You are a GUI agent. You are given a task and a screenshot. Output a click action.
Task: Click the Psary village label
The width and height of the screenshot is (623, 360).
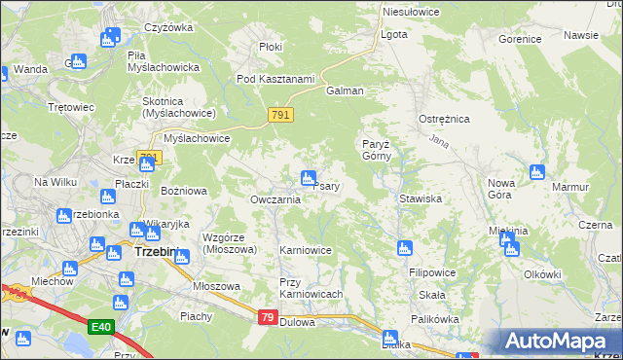pyautogui.click(x=326, y=186)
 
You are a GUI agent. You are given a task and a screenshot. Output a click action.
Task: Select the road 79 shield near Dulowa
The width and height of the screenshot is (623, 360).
pyautogui.click(x=269, y=317)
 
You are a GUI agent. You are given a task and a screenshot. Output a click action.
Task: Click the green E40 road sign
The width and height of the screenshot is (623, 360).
pyautogui.click(x=100, y=327)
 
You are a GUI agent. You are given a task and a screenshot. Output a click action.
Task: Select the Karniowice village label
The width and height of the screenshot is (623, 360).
pyautogui.click(x=306, y=250)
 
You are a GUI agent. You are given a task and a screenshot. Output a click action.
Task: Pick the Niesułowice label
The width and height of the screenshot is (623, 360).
pyautogui.click(x=411, y=13)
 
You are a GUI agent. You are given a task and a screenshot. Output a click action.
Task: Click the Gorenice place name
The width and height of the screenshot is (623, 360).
pyautogui.click(x=519, y=40)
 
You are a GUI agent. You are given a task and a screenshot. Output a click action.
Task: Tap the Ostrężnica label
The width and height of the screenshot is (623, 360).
pyautogui.click(x=444, y=119)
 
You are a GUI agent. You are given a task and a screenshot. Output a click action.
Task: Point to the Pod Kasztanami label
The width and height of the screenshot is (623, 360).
pyautogui.click(x=275, y=79)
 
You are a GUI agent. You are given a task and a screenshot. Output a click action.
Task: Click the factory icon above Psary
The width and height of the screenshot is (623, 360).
pyautogui.click(x=308, y=177)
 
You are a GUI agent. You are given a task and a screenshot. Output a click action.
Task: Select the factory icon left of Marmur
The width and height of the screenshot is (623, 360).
pyautogui.click(x=536, y=173)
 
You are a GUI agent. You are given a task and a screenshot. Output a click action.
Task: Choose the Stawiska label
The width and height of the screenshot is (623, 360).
pyautogui.click(x=421, y=198)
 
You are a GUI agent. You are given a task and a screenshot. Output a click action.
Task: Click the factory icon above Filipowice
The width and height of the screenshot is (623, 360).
pyautogui.click(x=404, y=248)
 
